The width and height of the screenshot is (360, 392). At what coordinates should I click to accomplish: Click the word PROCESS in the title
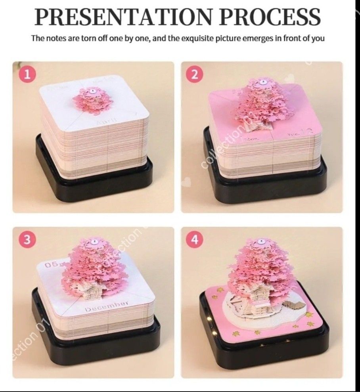pyautogui.click(x=270, y=17)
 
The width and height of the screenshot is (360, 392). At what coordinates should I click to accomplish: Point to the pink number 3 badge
pyautogui.click(x=27, y=239)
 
